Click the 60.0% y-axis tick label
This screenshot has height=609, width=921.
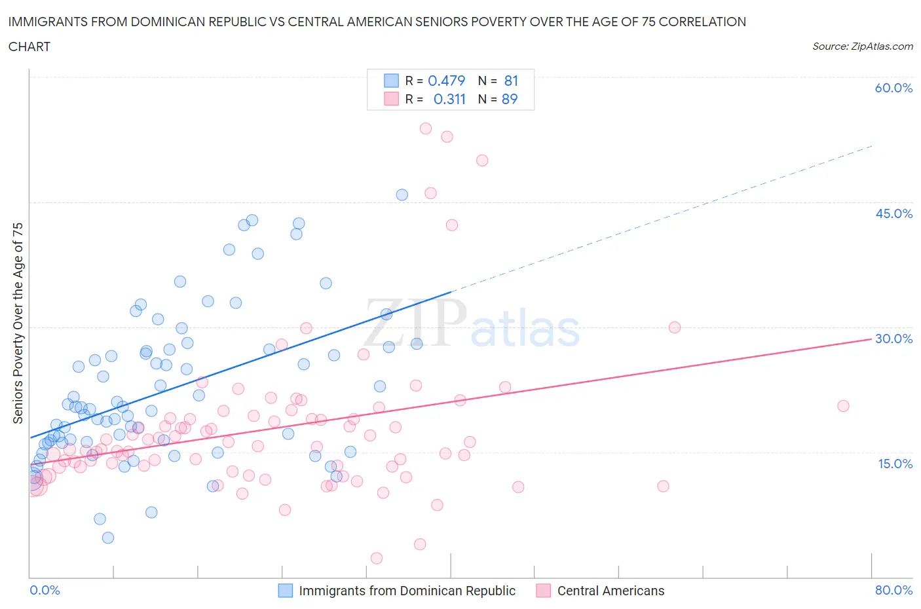(893, 88)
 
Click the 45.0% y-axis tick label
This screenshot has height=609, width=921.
(893, 213)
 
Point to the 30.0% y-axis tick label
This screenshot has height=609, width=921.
(893, 339)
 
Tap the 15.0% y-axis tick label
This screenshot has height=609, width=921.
(895, 464)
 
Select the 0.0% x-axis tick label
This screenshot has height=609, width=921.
(45, 590)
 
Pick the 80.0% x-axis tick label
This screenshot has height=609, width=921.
(893, 590)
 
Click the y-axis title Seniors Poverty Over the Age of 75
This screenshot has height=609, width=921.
(18, 323)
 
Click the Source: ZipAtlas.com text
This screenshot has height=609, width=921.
(862, 46)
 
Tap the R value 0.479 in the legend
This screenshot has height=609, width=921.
(446, 81)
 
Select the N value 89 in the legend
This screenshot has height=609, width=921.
(510, 99)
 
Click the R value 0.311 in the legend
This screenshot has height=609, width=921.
(449, 99)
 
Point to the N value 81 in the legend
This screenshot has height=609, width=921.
(511, 81)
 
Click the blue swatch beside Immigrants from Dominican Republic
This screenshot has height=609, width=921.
(286, 591)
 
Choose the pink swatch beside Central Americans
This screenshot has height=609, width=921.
(543, 591)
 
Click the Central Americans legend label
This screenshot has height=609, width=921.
(611, 591)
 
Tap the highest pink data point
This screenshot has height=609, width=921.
(426, 128)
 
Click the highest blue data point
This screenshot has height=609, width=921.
(402, 194)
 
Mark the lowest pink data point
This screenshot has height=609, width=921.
(377, 558)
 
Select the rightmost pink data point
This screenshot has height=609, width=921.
(843, 406)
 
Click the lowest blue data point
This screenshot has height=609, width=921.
(108, 538)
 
